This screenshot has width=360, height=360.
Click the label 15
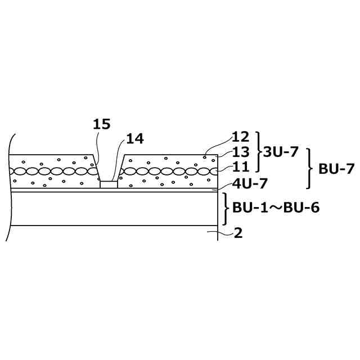point(102,124)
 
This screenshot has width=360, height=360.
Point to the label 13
point(241,152)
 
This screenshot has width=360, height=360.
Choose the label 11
point(240,167)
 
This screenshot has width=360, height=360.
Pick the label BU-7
point(336,168)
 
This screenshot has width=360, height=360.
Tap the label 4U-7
point(250,183)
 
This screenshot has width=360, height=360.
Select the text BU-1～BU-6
point(276,207)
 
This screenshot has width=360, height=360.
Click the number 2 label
point(238,233)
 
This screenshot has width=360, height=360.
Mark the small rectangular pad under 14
point(109,184)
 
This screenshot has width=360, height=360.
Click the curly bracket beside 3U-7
point(259,152)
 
